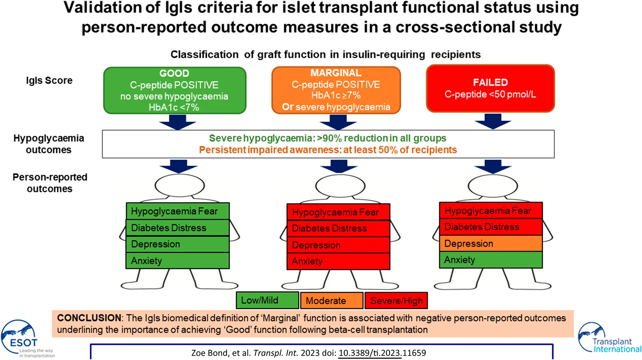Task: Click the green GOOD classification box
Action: pos(175,90)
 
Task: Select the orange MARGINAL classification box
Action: pos(336,90)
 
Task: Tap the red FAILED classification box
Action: pos(490,88)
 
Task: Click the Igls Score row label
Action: pos(49,80)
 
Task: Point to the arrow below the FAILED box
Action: pos(493,121)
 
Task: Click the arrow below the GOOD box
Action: pos(178,122)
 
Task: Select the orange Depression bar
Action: pos(491,243)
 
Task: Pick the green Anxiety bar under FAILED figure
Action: pos(491,260)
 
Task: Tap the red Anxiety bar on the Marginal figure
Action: pos(338,261)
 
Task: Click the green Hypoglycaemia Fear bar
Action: pos(178,211)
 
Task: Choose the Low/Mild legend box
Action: pos(267,301)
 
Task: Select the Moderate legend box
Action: pos(332,301)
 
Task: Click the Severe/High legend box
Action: pos(396,301)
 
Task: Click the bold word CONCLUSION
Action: pos(89,318)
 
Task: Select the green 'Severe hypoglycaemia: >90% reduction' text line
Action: pos(328,138)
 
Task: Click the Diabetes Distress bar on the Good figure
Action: pos(178,228)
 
